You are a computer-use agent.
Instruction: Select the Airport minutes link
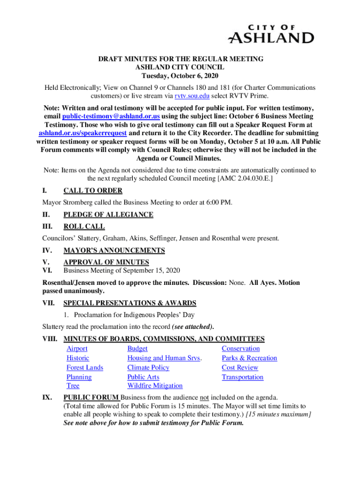(77, 348)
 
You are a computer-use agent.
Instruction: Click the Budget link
(137, 348)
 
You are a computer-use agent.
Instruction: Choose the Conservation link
(240, 348)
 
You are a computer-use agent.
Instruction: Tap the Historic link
(78, 358)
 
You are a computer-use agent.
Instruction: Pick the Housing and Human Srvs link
(164, 358)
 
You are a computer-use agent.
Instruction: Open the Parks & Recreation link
(249, 358)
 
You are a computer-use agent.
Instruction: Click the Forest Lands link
(85, 368)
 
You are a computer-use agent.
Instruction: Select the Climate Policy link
(148, 368)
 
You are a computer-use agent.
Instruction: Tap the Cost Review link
(240, 368)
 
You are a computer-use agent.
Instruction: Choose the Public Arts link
(143, 377)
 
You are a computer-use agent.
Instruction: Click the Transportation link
(242, 377)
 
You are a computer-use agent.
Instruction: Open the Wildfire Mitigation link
(155, 386)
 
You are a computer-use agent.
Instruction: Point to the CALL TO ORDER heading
(93, 190)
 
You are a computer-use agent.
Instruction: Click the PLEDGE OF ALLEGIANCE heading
(108, 215)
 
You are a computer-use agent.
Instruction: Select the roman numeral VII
(49, 303)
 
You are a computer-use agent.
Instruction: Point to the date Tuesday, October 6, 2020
(180, 76)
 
